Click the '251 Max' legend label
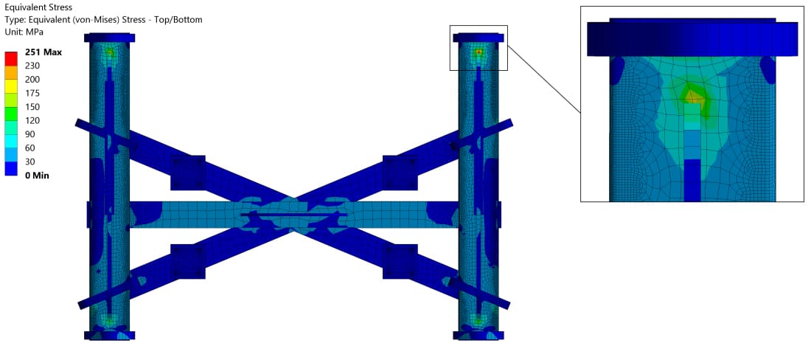(43, 52)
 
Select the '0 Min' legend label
(38, 176)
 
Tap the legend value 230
(32, 66)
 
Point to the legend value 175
(32, 93)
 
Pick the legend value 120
(32, 120)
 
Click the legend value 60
(30, 148)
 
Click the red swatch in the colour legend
(11, 58)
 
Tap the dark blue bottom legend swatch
(11, 169)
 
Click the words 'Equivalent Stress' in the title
(38, 8)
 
